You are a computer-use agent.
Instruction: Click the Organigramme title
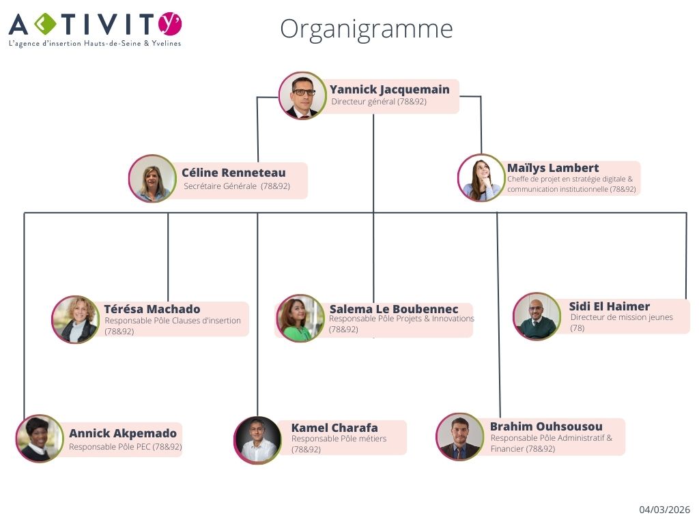point(366,29)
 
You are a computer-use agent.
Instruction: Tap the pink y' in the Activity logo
point(169,23)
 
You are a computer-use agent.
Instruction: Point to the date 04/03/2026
point(664,510)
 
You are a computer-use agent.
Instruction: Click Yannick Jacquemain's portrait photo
point(302,96)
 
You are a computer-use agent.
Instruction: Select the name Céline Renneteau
point(233,173)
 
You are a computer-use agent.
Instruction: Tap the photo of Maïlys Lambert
point(481,177)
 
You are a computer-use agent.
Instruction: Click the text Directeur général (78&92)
point(379,102)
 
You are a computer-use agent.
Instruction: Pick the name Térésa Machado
point(152,309)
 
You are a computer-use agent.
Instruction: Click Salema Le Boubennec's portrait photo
point(300,319)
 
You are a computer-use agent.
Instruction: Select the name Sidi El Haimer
point(610,306)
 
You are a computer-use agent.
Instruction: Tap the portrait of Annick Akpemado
point(40,439)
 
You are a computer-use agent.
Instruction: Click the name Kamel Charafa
point(334,428)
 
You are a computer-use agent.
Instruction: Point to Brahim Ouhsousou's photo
point(459,437)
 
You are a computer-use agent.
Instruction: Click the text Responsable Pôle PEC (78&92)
point(126,447)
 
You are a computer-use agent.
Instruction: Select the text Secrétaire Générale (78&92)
point(237,186)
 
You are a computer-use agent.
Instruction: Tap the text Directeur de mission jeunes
point(621,317)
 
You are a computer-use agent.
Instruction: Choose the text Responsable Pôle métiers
point(339,439)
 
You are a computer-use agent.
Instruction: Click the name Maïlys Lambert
point(553,168)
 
